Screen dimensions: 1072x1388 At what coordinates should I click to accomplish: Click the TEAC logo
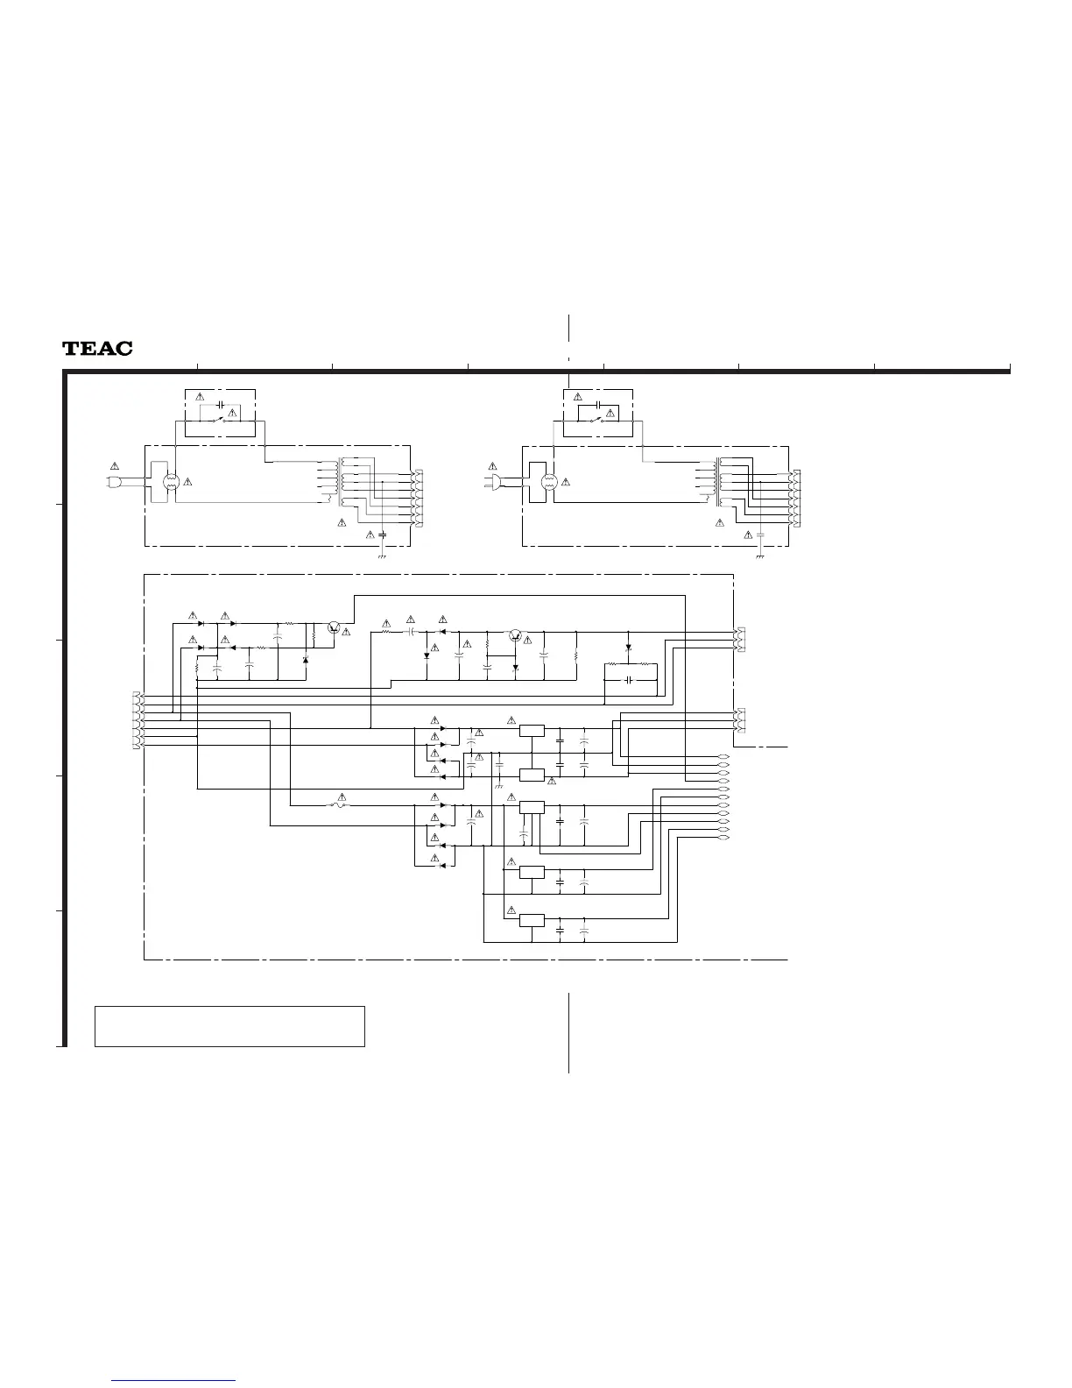coord(97,349)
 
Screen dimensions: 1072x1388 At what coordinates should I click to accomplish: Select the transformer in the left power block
coord(339,481)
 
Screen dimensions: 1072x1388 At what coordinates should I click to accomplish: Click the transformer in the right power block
coord(718,481)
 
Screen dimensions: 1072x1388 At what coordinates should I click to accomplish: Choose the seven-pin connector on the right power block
coord(795,499)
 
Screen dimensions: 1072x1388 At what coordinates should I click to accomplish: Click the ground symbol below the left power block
coord(382,556)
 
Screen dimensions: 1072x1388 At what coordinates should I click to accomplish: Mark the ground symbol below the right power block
coord(760,556)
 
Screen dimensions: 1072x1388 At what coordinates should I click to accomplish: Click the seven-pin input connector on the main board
coord(136,720)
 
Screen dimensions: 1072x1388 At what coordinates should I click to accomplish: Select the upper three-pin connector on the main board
coord(739,641)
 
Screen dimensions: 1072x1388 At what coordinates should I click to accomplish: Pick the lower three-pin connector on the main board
coord(739,720)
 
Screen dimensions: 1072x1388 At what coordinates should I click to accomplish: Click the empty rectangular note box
coord(229,1026)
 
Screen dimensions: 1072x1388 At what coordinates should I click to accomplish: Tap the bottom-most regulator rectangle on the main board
coord(531,920)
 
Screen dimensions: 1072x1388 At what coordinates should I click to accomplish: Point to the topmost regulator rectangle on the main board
coord(531,730)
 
